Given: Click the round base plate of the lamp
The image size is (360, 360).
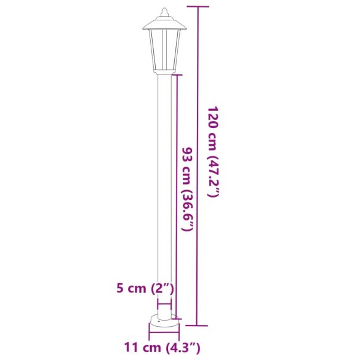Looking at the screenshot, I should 164,321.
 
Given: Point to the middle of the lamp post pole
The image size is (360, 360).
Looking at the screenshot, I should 164,197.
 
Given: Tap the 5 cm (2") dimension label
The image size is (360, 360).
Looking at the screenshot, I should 145,288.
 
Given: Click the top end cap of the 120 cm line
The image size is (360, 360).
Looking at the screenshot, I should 198,7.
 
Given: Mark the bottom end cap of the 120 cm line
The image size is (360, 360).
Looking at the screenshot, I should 198,325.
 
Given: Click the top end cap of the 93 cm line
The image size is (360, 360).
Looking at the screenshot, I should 177,75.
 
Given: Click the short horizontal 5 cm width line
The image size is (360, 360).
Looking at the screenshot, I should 164,304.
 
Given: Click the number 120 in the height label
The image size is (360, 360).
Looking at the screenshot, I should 212,117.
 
